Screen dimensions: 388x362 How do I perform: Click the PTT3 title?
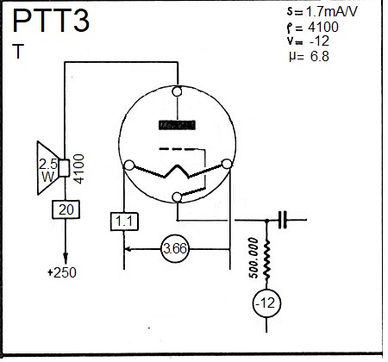[51, 21]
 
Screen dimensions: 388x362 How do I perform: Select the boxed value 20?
[66, 209]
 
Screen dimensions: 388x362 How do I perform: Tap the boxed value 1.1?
[124, 222]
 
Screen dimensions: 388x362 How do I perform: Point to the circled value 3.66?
[175, 248]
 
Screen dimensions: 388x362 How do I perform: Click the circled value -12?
[266, 303]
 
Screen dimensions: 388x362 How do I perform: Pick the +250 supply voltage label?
[62, 272]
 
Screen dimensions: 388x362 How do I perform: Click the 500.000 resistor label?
[253, 258]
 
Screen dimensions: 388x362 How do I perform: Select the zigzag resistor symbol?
[266, 260]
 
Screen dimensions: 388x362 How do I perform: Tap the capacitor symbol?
[283, 220]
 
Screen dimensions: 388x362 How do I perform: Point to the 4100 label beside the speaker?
[79, 169]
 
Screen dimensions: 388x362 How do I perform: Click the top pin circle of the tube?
[178, 91]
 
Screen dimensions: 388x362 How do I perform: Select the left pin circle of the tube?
[128, 165]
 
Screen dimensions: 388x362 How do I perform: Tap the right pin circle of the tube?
[227, 164]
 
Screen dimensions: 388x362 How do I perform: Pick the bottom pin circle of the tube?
[177, 197]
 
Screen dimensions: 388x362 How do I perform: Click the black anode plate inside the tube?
[177, 125]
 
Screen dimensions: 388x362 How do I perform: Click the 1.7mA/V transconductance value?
[332, 11]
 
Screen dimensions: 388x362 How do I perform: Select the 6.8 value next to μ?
[320, 56]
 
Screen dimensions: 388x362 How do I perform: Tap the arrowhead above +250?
[66, 258]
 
